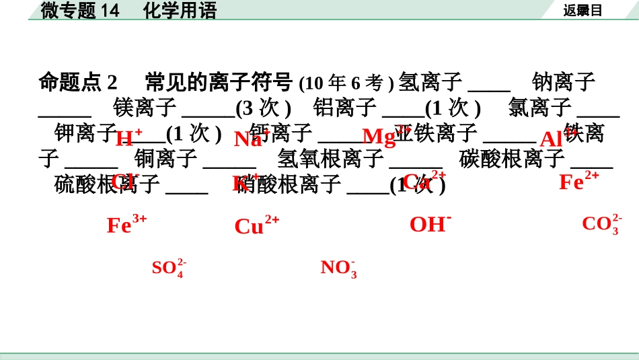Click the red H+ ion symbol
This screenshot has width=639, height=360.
pyautogui.click(x=128, y=138)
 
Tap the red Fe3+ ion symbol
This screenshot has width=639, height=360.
pyautogui.click(x=126, y=224)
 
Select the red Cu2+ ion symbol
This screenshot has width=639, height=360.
pyautogui.click(x=256, y=225)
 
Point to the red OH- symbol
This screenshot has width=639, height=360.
pyautogui.click(x=430, y=224)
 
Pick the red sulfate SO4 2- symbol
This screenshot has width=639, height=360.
pyautogui.click(x=169, y=268)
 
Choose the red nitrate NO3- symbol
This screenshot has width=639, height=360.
pyautogui.click(x=338, y=268)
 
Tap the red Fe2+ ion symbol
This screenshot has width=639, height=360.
pyautogui.click(x=578, y=181)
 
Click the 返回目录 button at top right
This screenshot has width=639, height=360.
pyautogui.click(x=582, y=10)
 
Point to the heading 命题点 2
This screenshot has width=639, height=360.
pyautogui.click(x=78, y=82)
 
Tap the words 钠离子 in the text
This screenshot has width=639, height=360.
pyautogui.click(x=564, y=82)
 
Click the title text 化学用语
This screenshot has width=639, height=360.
pyautogui.click(x=180, y=10)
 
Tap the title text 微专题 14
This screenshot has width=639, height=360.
pyautogui.click(x=80, y=10)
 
